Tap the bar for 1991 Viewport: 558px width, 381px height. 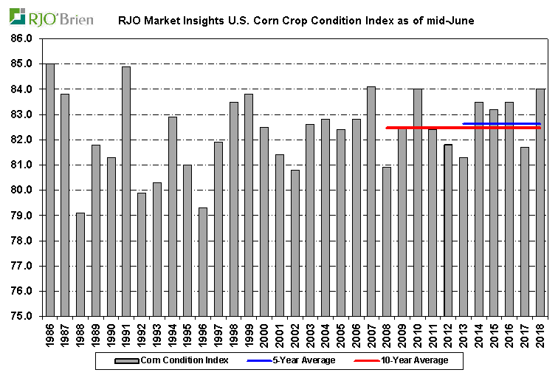(x=126, y=191)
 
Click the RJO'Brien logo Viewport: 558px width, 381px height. (x=50, y=17)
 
